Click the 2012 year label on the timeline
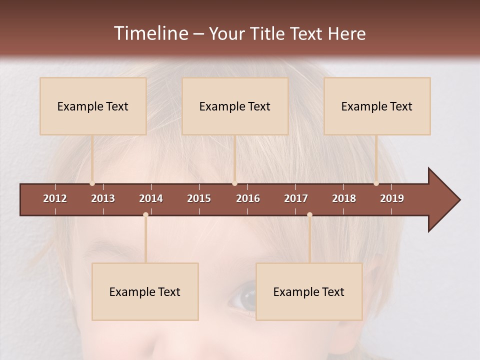pyautogui.click(x=55, y=198)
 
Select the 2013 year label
pyautogui.click(x=103, y=198)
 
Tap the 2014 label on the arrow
pyautogui.click(x=151, y=198)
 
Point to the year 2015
pyautogui.click(x=199, y=198)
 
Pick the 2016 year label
pyautogui.click(x=248, y=198)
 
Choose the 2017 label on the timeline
pyautogui.click(x=296, y=198)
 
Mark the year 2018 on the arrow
pyautogui.click(x=344, y=198)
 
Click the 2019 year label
pyautogui.click(x=392, y=198)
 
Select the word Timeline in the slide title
pyautogui.click(x=150, y=33)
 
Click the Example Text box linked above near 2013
pyautogui.click(x=93, y=106)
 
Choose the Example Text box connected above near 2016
pyautogui.click(x=235, y=106)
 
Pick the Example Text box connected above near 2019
pyautogui.click(x=377, y=106)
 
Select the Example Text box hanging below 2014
pyautogui.click(x=145, y=291)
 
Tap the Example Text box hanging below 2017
pyautogui.click(x=309, y=291)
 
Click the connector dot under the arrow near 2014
pyautogui.click(x=145, y=214)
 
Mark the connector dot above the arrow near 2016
pyautogui.click(x=234, y=183)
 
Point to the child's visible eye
pyautogui.click(x=243, y=299)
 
